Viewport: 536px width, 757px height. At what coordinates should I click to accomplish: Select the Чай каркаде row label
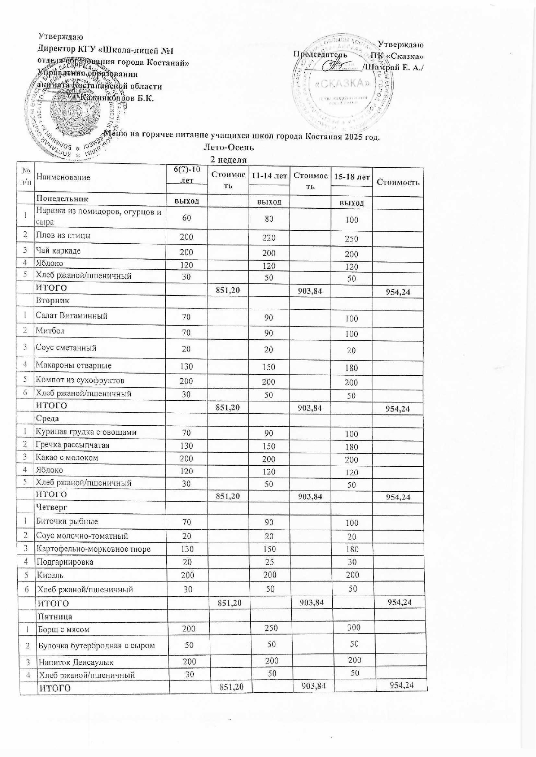pos(58,251)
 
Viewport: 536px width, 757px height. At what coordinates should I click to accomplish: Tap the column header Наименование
pos(63,177)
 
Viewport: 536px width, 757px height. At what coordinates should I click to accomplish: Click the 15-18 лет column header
pos(352,177)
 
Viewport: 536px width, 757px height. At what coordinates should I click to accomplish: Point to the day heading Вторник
pos(53,300)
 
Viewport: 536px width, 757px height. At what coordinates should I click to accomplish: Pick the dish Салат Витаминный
pos(72,316)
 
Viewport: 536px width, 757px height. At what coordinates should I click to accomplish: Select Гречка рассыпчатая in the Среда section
pos(73,445)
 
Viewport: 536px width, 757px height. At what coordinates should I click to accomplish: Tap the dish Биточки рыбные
pos(67,521)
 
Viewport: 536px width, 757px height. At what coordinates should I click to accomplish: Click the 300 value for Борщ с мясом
pos(353,628)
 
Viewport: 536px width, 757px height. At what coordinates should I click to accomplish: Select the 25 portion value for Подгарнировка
pos(269,562)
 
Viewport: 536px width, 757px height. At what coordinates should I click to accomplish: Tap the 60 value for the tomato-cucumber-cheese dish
pos(186,218)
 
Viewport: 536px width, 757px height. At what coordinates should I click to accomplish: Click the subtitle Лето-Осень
pos(228,148)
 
